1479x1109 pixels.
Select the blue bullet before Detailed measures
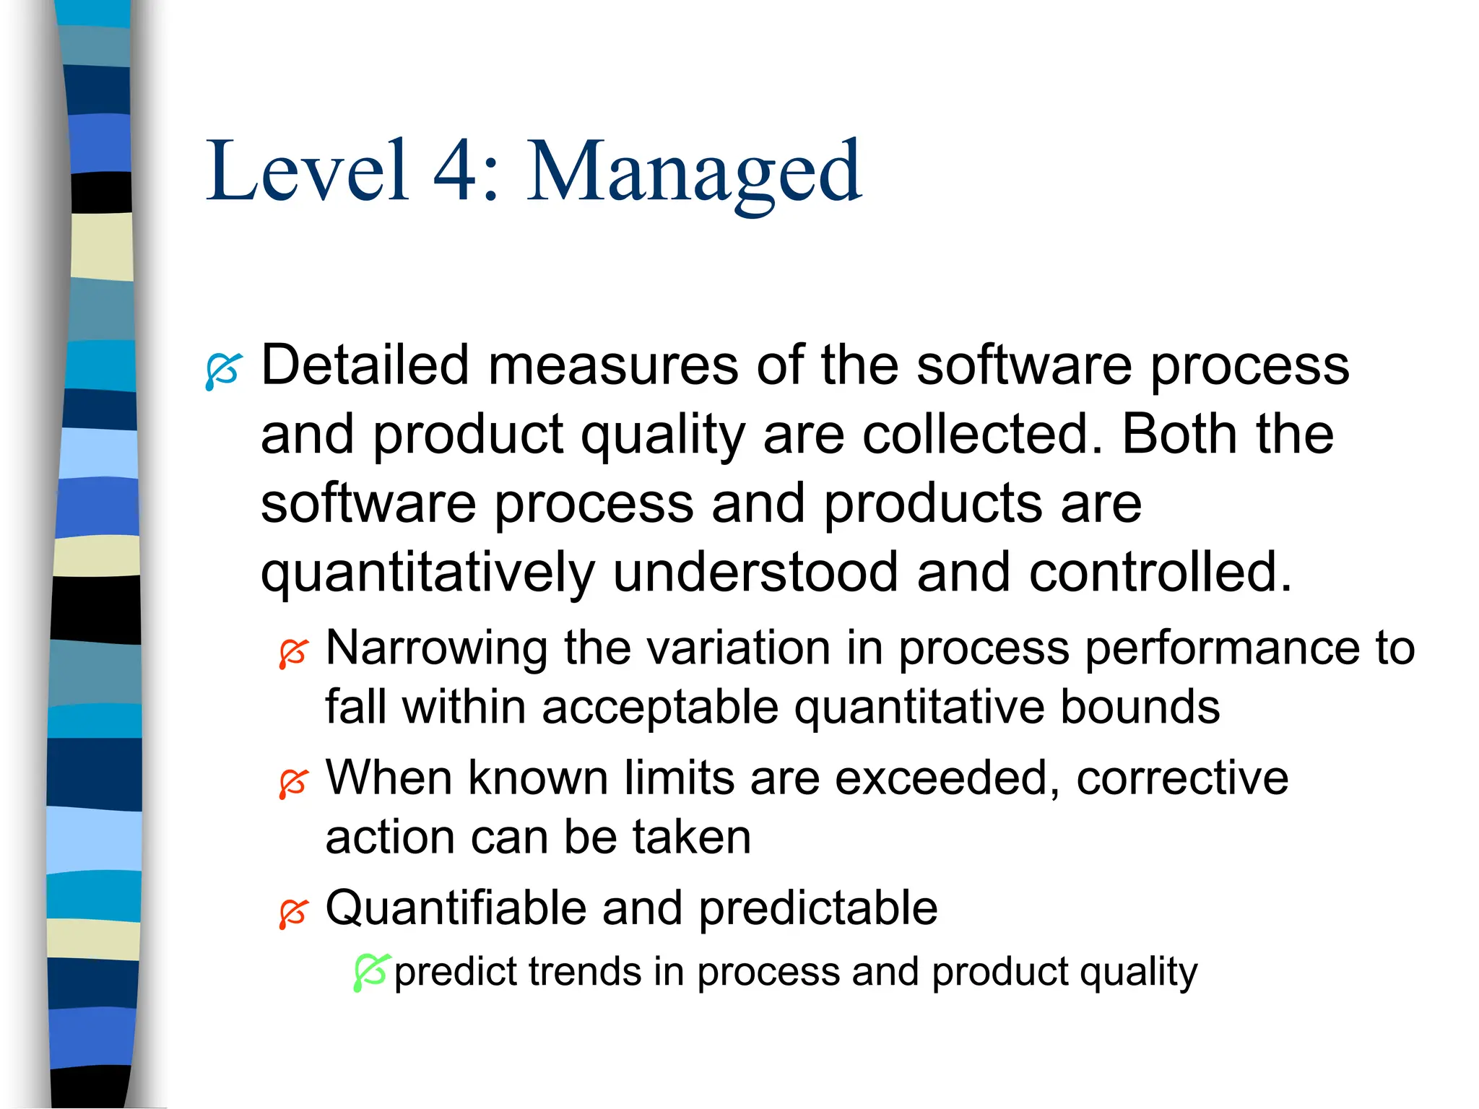222,371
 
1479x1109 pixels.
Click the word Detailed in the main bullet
365,365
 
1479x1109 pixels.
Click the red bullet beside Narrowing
294,653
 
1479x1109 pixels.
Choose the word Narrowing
436,648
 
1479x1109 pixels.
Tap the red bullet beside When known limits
294,783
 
